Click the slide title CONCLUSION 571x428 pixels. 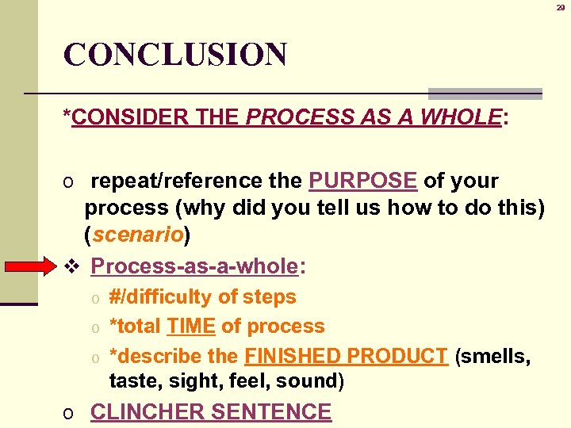tap(174, 55)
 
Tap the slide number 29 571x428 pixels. tap(559, 6)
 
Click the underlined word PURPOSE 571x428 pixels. tap(362, 181)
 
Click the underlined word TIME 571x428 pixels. tap(190, 327)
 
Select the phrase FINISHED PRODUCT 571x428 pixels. tap(347, 357)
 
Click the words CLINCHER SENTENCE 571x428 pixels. tap(211, 412)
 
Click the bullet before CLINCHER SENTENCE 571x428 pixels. tap(70, 414)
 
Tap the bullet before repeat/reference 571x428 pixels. tap(70, 182)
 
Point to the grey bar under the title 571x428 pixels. tap(485, 94)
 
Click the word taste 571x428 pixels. tap(131, 381)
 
